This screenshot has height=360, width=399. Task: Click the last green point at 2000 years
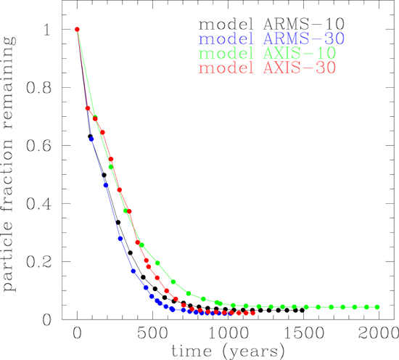point(377,307)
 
